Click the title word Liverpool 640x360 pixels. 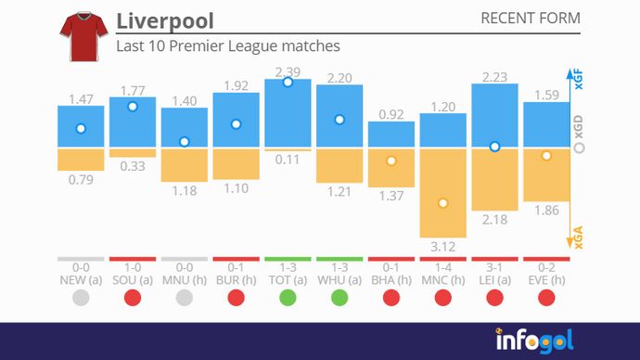tap(165, 21)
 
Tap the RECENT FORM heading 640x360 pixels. tap(531, 19)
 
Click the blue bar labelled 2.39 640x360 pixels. tap(288, 113)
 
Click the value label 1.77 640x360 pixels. tap(133, 91)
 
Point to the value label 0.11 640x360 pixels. tap(288, 160)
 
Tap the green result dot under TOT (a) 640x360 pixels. tap(288, 298)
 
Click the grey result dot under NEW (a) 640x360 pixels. tap(81, 298)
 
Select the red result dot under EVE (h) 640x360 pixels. tap(546, 298)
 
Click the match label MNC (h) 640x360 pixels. tap(443, 279)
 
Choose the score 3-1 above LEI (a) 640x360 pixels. tap(494, 267)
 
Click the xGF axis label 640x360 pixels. tap(579, 82)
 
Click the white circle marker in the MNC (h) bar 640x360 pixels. tap(443, 203)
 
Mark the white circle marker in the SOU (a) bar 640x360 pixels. tap(133, 107)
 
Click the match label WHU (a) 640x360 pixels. tap(339, 279)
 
